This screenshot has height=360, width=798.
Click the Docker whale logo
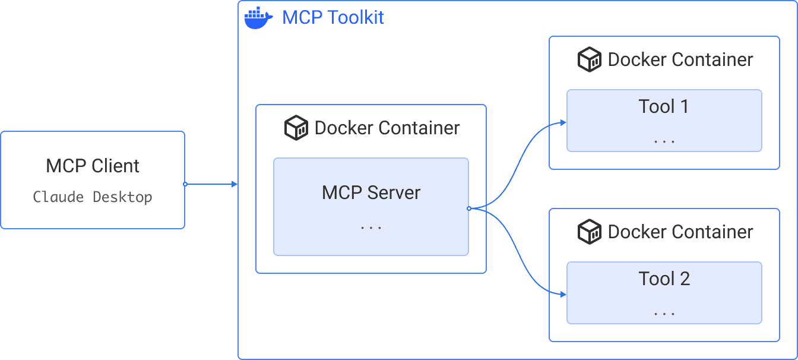(x=258, y=18)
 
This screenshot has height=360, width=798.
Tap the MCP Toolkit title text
(x=333, y=17)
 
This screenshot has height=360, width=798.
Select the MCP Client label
(x=93, y=166)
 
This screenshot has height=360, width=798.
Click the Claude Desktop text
(x=93, y=197)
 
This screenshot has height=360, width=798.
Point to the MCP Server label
(x=371, y=192)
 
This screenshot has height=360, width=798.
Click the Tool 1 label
(x=664, y=106)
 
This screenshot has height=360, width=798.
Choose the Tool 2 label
(x=664, y=279)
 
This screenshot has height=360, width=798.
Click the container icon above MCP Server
(x=296, y=128)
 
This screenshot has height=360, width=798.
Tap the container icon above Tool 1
(x=590, y=60)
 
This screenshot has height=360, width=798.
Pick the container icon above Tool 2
(x=590, y=232)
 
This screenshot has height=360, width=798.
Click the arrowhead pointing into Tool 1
(x=563, y=123)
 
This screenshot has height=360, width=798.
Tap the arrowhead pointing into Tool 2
(x=563, y=294)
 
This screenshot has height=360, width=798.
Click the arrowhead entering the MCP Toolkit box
(x=235, y=184)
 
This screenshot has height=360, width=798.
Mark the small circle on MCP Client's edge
(x=185, y=184)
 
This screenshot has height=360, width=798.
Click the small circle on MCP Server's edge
(x=469, y=209)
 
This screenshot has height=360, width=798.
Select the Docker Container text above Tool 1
(x=680, y=60)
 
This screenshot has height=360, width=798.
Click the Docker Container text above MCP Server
(x=387, y=128)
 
